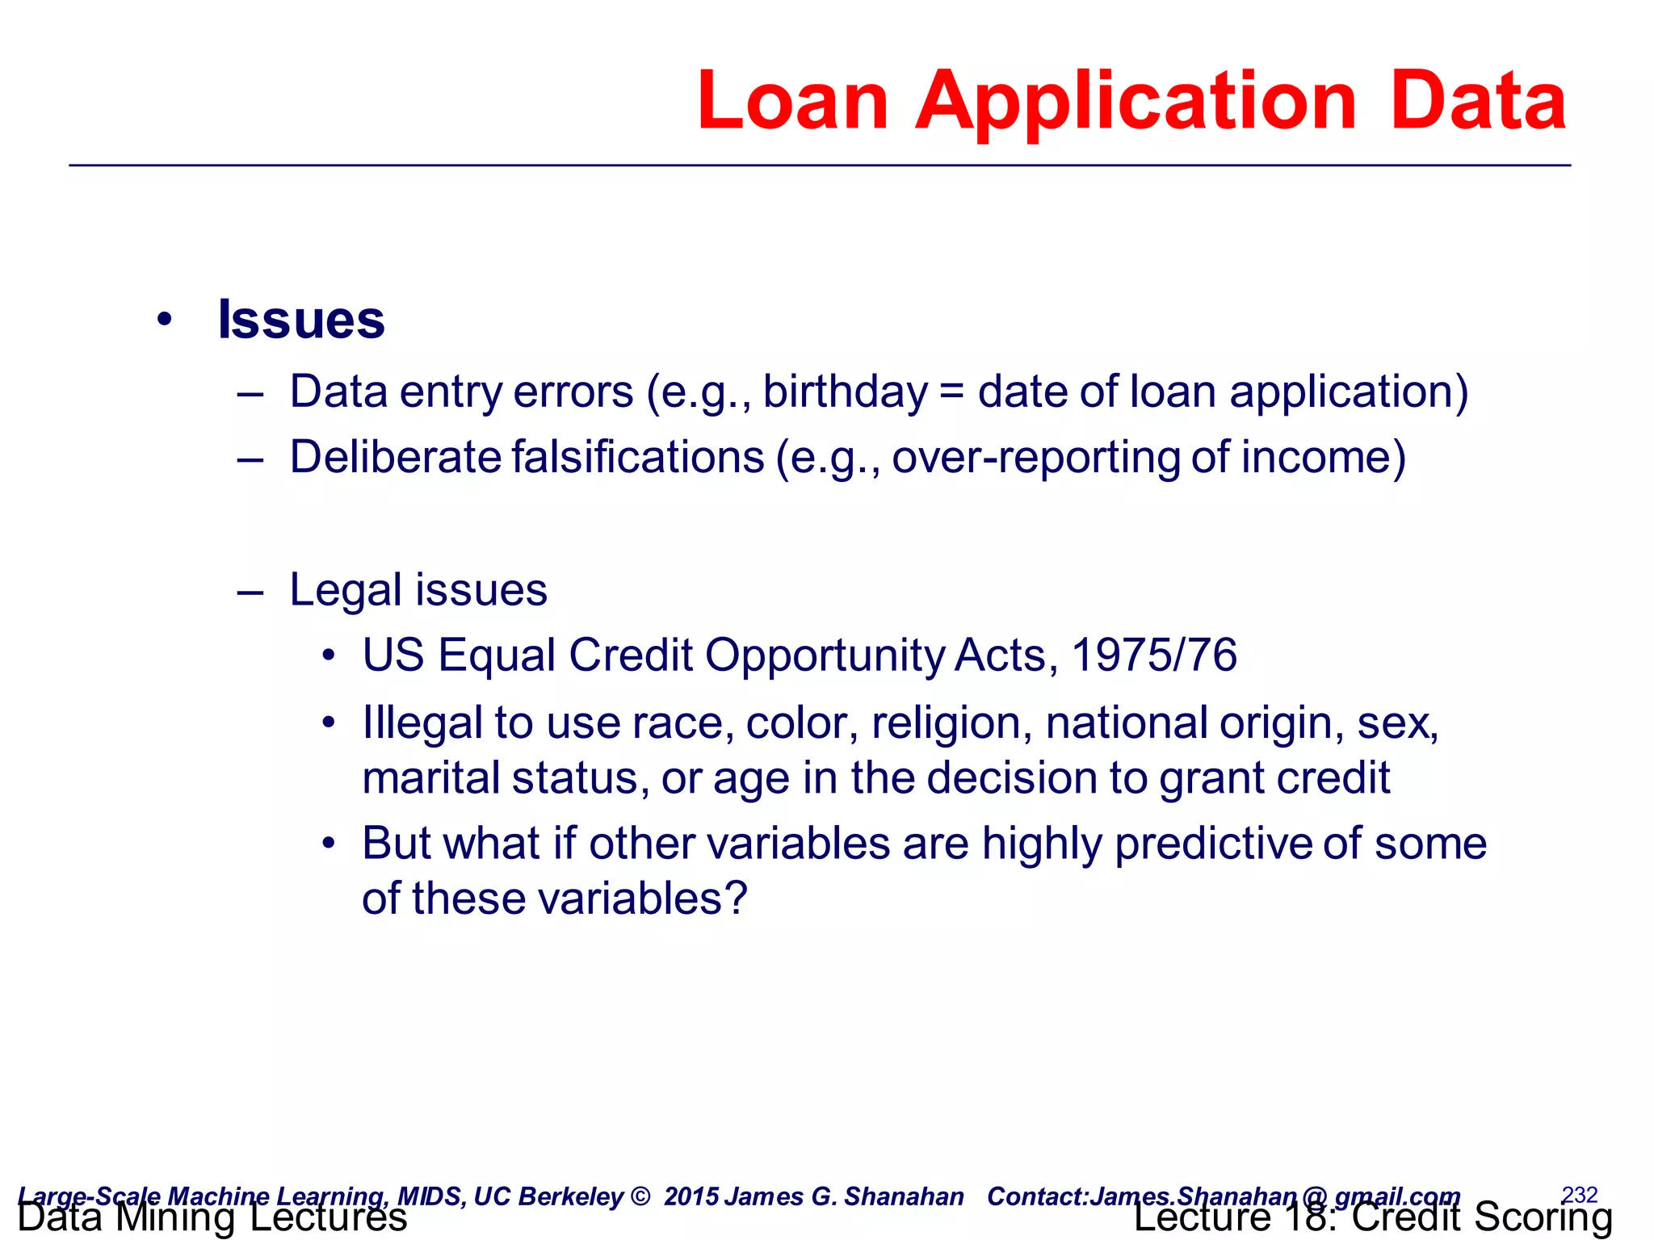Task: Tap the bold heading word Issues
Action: [301, 320]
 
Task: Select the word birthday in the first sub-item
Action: [846, 393]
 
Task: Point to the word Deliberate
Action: [396, 457]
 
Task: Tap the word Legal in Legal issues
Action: [346, 591]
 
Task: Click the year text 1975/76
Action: [1154, 655]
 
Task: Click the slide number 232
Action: [1580, 1194]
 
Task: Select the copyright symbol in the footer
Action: [640, 1196]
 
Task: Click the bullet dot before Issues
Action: [165, 320]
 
